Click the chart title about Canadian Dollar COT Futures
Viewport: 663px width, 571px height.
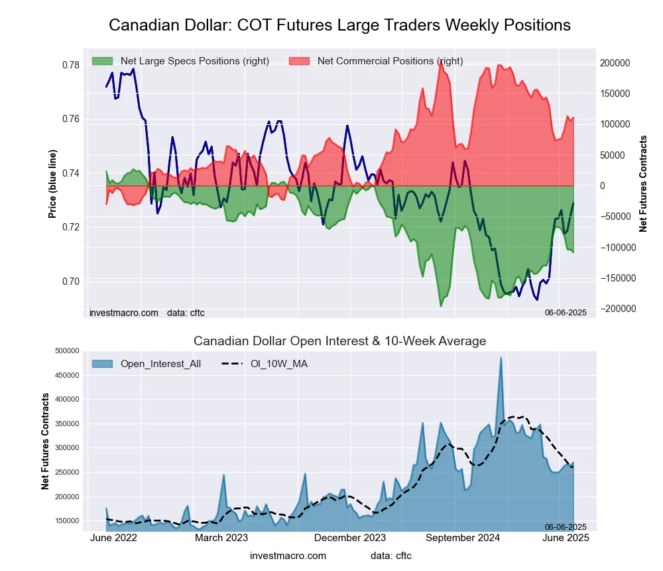(339, 25)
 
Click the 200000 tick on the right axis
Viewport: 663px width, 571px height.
(615, 63)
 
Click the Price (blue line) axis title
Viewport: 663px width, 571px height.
(52, 184)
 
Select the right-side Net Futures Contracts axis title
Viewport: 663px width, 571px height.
(642, 184)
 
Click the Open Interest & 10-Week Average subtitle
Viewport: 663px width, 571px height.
(339, 341)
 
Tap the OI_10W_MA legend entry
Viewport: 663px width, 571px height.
(278, 363)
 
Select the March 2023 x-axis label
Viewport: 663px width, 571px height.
(221, 538)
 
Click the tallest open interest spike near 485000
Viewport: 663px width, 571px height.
(501, 359)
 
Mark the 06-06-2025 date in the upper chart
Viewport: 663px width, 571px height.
(566, 312)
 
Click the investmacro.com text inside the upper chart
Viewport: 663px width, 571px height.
(124, 312)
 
